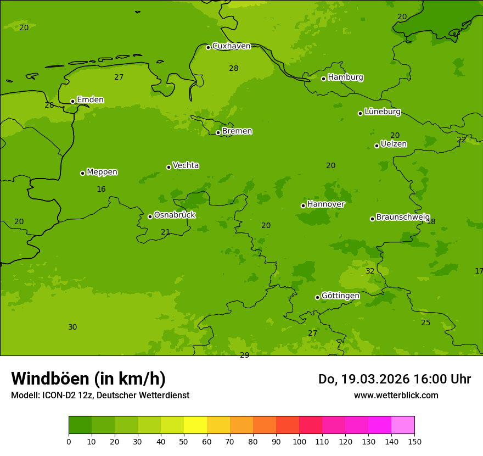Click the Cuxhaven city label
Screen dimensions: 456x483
[231, 46]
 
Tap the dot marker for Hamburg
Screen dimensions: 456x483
[323, 79]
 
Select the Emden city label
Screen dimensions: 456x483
[90, 100]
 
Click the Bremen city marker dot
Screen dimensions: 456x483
[218, 132]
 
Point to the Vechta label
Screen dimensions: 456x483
[186, 165]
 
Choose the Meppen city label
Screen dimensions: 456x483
[102, 172]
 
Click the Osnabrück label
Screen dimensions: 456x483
[175, 215]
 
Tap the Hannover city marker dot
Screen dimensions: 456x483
[303, 205]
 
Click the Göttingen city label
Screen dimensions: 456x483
[340, 296]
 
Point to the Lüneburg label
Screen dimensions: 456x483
[382, 112]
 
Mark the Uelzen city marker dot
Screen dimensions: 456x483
[377, 146]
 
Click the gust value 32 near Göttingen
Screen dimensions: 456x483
[370, 271]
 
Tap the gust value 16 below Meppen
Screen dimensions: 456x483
[101, 190]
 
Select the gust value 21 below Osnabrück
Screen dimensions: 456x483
[165, 232]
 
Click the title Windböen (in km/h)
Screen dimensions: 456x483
[88, 379]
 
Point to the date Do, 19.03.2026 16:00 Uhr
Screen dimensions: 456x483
[394, 379]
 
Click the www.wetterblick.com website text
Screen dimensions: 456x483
[396, 395]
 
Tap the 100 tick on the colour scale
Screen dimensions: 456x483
[299, 441]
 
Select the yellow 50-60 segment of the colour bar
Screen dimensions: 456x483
[195, 425]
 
